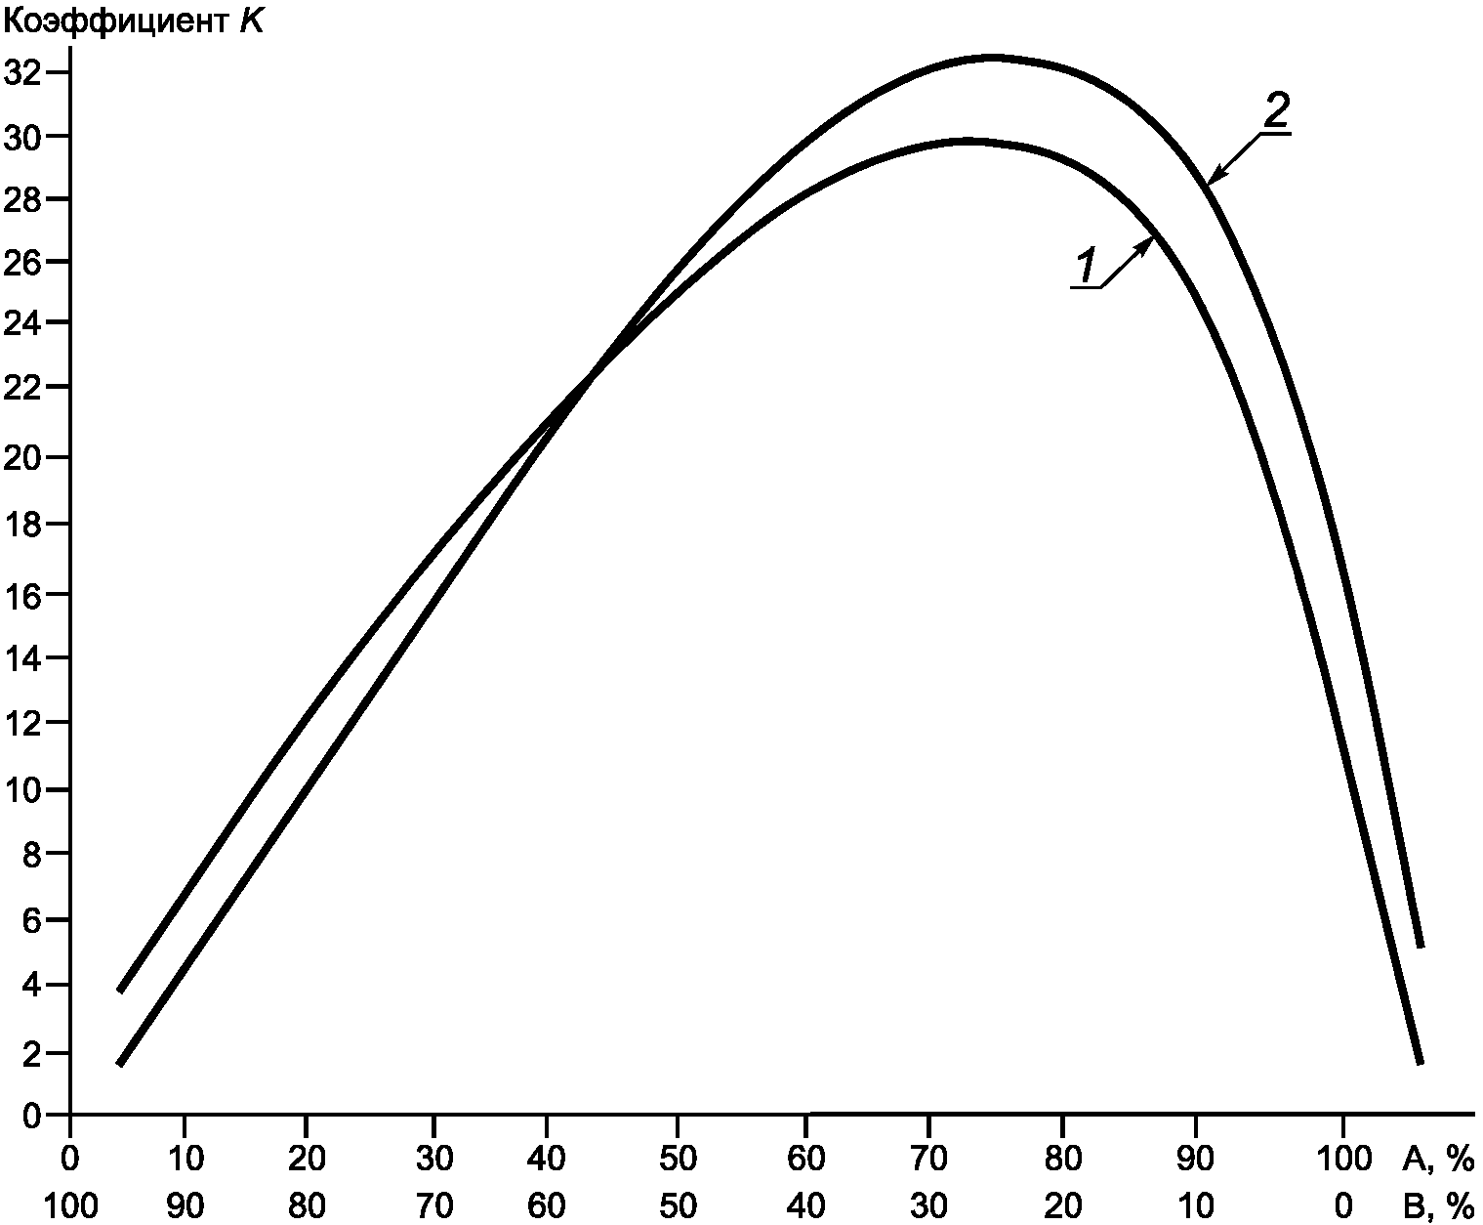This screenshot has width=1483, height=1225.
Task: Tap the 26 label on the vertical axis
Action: tap(22, 262)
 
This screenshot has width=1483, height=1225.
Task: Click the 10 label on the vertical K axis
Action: tap(22, 789)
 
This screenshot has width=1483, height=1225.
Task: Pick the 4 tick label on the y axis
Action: tap(31, 985)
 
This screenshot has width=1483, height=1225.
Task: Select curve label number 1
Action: tap(1086, 267)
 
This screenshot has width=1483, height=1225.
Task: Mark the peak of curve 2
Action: tap(992, 58)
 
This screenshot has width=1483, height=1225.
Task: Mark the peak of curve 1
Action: tap(966, 142)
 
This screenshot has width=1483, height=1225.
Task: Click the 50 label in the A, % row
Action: tap(678, 1159)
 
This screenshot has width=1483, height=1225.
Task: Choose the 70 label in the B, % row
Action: tap(433, 1205)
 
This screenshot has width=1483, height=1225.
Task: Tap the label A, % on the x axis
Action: tap(1437, 1159)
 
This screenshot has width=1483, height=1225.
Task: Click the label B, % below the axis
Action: tap(1437, 1205)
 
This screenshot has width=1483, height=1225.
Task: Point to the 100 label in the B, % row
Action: tap(70, 1205)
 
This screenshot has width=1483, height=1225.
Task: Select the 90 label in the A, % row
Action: tap(1195, 1159)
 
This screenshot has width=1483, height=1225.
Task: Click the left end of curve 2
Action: tap(120, 991)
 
